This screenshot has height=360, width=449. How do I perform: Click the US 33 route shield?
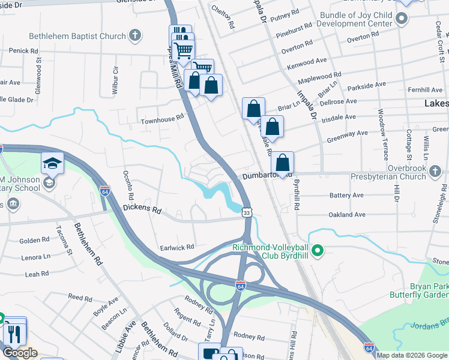(x=247, y=212)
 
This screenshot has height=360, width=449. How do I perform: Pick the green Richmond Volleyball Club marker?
(x=319, y=251)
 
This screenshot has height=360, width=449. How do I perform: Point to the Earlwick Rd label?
(x=176, y=247)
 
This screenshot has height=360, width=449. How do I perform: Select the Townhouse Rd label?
(x=161, y=119)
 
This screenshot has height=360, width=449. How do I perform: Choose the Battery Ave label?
(x=346, y=196)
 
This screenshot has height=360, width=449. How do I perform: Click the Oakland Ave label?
(x=346, y=214)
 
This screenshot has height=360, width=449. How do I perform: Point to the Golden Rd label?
(x=34, y=241)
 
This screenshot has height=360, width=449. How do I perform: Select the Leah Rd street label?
(x=37, y=274)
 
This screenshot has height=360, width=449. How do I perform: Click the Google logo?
(x=20, y=353)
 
